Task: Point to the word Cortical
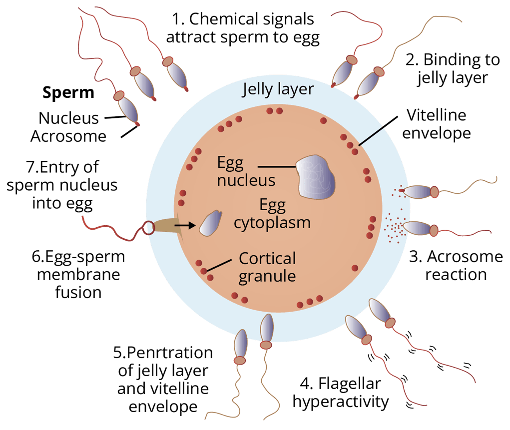pyautogui.click(x=267, y=259)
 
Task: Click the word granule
pyautogui.click(x=267, y=276)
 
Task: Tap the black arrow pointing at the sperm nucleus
pyautogui.click(x=184, y=226)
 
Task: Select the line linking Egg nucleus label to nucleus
pyautogui.click(x=276, y=167)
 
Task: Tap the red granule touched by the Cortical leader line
pyautogui.click(x=204, y=271)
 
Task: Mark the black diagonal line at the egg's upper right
pyautogui.click(x=370, y=135)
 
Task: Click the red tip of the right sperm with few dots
pyautogui.click(x=401, y=190)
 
